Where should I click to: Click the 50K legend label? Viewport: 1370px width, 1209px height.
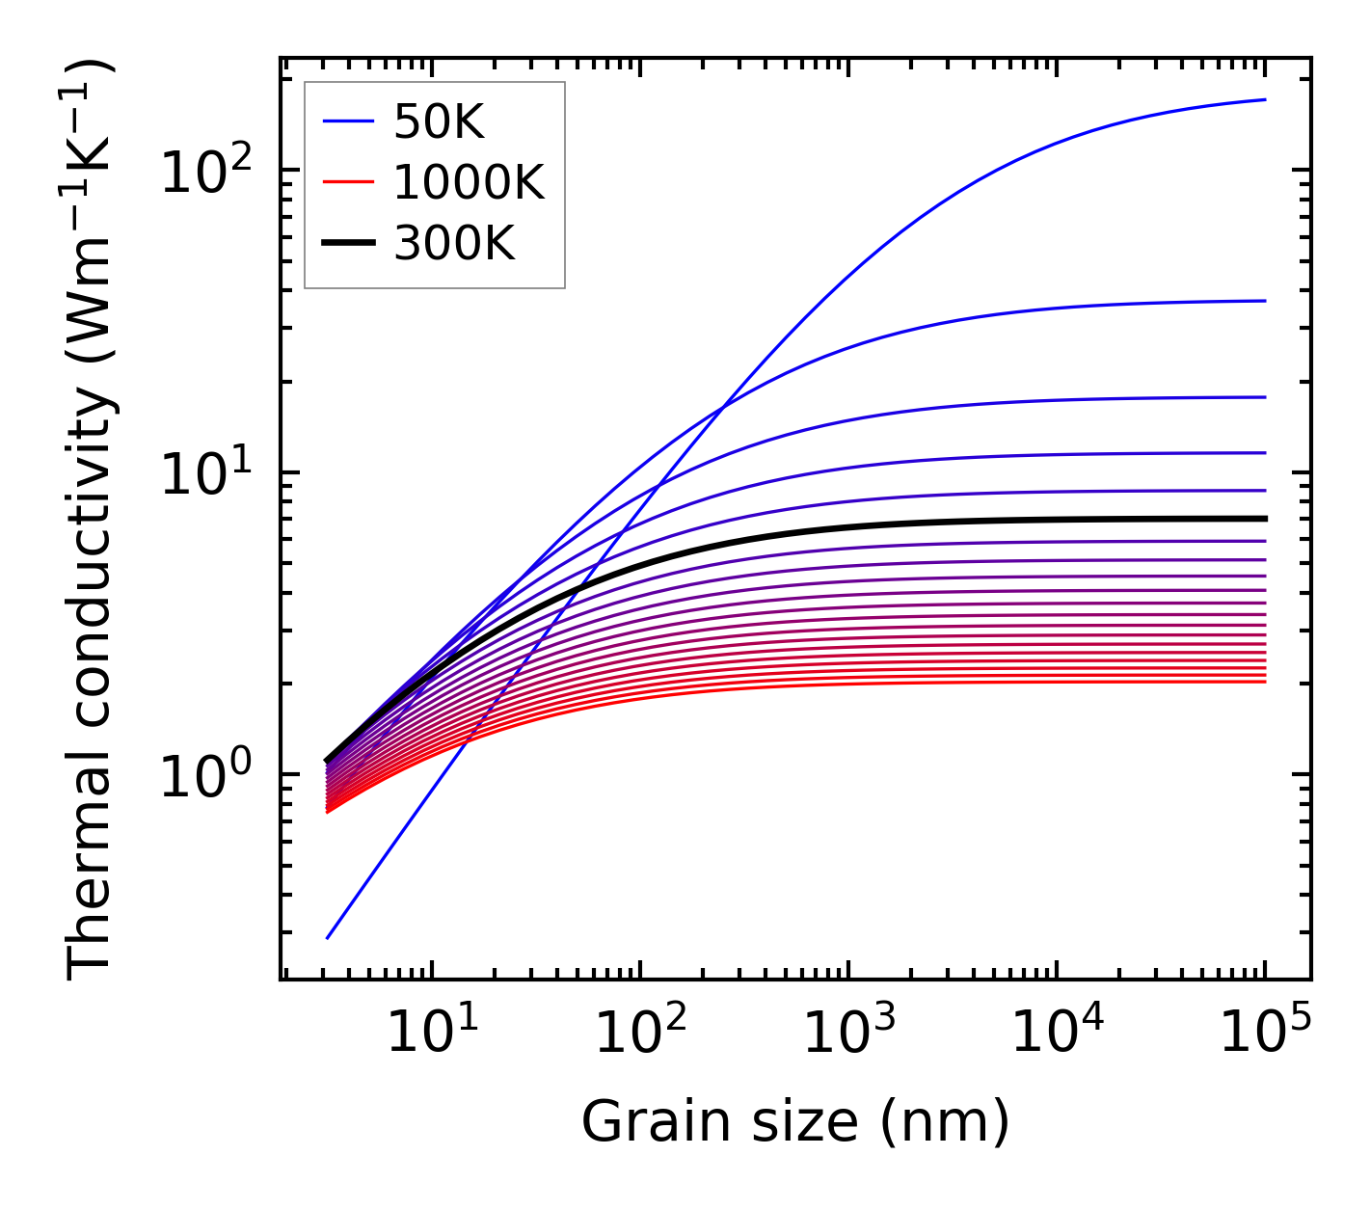tap(439, 122)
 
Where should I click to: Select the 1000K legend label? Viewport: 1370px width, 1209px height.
tap(470, 182)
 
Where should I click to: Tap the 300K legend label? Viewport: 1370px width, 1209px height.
tap(454, 244)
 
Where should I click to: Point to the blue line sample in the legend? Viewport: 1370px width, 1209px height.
tap(347, 122)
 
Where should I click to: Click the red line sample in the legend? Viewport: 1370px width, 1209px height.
tap(347, 182)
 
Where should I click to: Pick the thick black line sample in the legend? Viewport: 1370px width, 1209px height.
tap(347, 244)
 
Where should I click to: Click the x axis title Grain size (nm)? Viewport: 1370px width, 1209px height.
tap(795, 1123)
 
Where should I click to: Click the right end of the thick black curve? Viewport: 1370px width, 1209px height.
tap(1265, 519)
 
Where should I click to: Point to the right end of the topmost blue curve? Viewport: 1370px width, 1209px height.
tap(1265, 99)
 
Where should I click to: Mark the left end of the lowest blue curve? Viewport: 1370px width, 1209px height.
tap(328, 937)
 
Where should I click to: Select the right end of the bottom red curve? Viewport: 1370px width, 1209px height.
tap(1265, 682)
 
